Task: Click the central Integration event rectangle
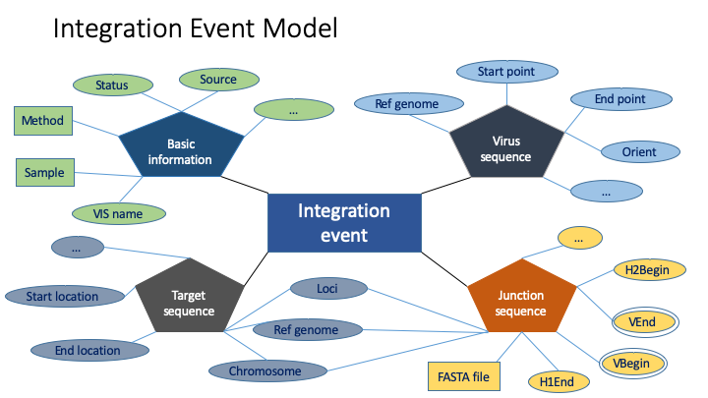pyautogui.click(x=344, y=222)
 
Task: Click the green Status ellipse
pyautogui.click(x=112, y=86)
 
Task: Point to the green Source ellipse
pyautogui.click(x=217, y=80)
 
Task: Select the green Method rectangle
pyautogui.click(x=42, y=121)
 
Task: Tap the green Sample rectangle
pyautogui.click(x=42, y=173)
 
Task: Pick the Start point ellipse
pyautogui.click(x=505, y=71)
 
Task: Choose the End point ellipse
pyautogui.click(x=620, y=99)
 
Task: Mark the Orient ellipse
pyautogui.click(x=639, y=151)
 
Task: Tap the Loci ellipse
pyautogui.click(x=327, y=289)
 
